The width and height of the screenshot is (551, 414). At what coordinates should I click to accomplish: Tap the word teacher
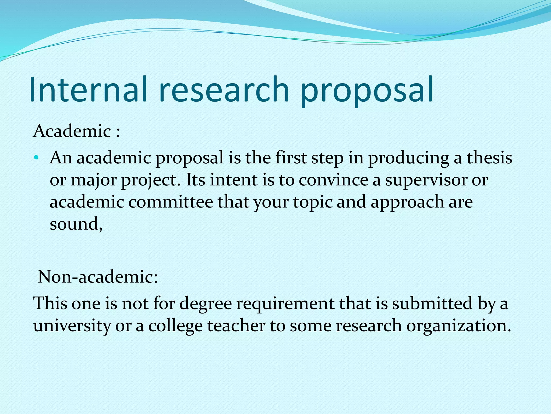tap(236, 326)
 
